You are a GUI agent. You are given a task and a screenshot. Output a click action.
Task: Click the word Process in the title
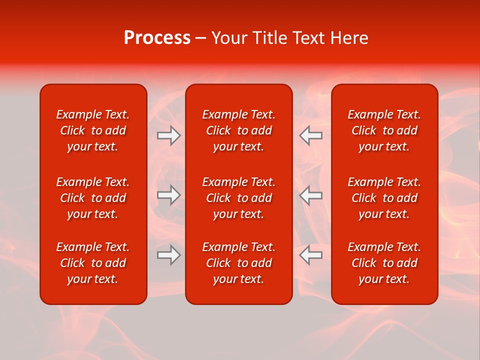point(157,38)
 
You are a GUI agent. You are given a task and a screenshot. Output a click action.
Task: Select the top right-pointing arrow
point(168,135)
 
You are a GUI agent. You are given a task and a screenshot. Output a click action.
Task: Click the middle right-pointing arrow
point(168,195)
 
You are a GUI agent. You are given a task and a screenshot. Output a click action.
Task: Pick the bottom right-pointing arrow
point(168,255)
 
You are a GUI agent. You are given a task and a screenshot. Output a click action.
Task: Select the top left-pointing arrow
point(311,135)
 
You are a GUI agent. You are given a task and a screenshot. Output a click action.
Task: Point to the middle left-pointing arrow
point(311,195)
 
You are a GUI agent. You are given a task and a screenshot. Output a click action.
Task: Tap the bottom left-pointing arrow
point(311,255)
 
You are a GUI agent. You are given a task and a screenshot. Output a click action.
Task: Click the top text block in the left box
point(93,130)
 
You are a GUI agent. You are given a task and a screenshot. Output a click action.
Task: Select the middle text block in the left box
point(93,198)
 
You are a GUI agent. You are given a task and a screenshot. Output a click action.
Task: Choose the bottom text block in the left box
point(93,263)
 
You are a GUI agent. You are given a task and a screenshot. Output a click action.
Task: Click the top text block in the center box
point(239,130)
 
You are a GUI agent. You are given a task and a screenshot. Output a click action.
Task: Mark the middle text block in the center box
point(239,198)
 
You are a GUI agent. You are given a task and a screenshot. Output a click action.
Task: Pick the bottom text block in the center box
point(239,263)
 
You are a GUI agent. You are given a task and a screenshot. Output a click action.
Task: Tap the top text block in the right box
point(384,130)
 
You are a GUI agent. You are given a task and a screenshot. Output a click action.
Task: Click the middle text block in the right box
point(384,198)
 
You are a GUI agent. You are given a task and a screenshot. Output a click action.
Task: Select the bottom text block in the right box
point(384,263)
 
